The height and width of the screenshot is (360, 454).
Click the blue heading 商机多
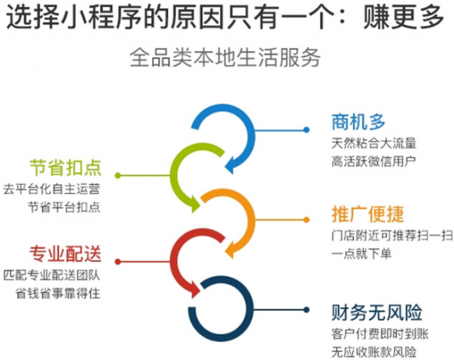[x=359, y=122]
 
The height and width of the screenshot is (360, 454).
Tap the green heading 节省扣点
[x=66, y=167]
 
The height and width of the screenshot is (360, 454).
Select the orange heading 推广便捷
[x=368, y=214]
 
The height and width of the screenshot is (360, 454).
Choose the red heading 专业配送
[x=66, y=254]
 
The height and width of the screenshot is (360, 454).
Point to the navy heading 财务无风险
[x=377, y=312]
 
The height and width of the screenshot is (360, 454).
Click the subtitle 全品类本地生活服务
[x=225, y=57]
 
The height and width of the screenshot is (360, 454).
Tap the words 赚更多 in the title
[x=404, y=18]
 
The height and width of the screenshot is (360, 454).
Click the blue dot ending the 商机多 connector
[x=306, y=130]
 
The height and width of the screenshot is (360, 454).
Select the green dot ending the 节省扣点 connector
[x=118, y=175]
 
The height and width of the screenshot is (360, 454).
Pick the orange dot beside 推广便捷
[x=306, y=220]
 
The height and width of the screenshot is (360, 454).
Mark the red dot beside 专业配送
[x=118, y=261]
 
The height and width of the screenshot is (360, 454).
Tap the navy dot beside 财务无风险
[x=306, y=310]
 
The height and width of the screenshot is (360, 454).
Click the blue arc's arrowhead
[x=230, y=167]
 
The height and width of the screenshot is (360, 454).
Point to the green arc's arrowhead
[x=195, y=204]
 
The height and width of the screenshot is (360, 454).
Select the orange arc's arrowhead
[x=230, y=250]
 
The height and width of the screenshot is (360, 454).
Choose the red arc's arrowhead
[x=195, y=290]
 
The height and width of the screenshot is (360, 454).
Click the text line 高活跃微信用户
[x=373, y=161]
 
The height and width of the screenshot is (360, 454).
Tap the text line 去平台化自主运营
[x=52, y=189]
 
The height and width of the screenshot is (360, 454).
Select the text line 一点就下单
[x=362, y=254]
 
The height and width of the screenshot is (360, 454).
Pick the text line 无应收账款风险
[x=373, y=352]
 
